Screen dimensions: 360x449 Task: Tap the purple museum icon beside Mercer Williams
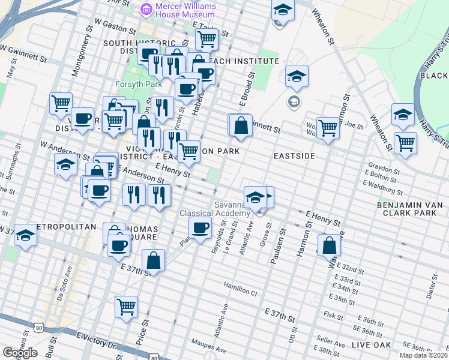(145, 9)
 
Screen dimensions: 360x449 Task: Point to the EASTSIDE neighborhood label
(294, 155)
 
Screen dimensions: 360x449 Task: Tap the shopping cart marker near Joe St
(328, 127)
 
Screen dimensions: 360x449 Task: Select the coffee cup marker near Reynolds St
(200, 227)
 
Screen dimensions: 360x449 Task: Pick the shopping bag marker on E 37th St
(154, 260)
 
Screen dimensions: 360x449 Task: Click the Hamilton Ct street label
(240, 290)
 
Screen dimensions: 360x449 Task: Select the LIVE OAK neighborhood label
(371, 344)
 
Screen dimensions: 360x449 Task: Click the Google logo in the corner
(20, 353)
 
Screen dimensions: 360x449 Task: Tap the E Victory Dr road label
(97, 339)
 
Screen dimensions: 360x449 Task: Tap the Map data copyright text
(423, 355)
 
